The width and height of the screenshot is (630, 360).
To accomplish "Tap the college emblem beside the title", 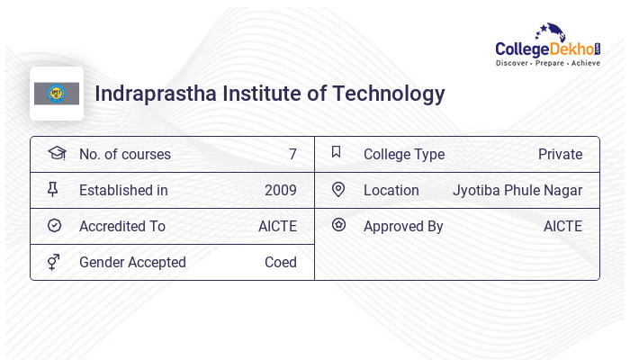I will click(57, 94).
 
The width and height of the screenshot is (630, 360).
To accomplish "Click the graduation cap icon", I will click(56, 153).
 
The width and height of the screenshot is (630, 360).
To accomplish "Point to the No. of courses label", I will click(124, 154).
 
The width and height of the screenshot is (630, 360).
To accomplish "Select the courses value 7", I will click(292, 154).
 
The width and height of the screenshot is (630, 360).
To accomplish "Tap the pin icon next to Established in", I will click(53, 189).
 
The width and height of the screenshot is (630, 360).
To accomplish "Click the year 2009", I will click(281, 190).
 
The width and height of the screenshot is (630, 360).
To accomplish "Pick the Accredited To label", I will click(122, 226).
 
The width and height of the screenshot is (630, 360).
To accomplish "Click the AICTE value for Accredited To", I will click(277, 226).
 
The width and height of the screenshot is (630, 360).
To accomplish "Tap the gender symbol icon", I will click(53, 262).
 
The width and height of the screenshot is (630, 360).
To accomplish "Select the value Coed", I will click(281, 262).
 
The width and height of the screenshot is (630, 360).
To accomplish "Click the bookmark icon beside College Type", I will click(337, 152).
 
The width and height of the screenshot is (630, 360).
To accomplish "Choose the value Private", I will click(560, 154).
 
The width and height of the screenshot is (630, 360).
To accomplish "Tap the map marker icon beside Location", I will click(338, 189).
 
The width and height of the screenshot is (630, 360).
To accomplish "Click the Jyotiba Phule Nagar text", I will click(517, 190).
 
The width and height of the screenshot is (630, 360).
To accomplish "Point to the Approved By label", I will click(403, 226).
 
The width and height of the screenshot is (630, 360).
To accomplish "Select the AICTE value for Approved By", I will click(562, 226).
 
